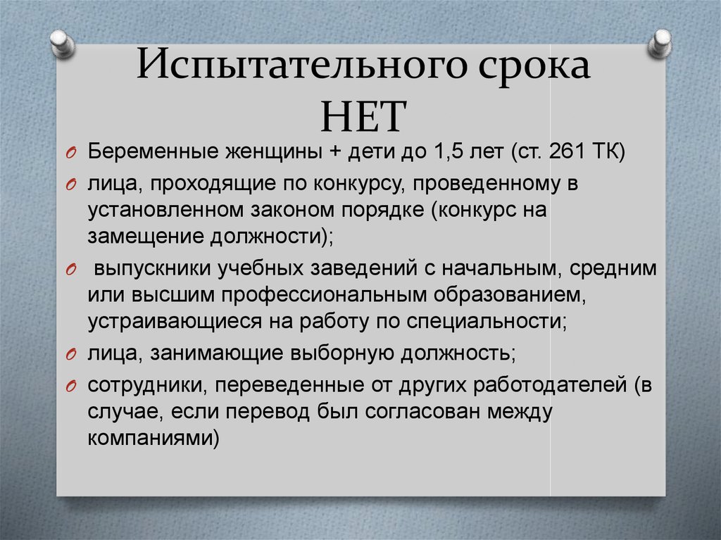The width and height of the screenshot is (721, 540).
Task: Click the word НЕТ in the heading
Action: coord(363,116)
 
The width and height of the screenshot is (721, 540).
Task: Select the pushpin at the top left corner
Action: coord(63,44)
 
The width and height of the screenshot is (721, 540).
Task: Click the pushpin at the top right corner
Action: coord(660,44)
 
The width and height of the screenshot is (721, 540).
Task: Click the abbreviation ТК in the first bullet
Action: coord(606,151)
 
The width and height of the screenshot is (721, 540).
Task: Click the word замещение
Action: coord(146,237)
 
